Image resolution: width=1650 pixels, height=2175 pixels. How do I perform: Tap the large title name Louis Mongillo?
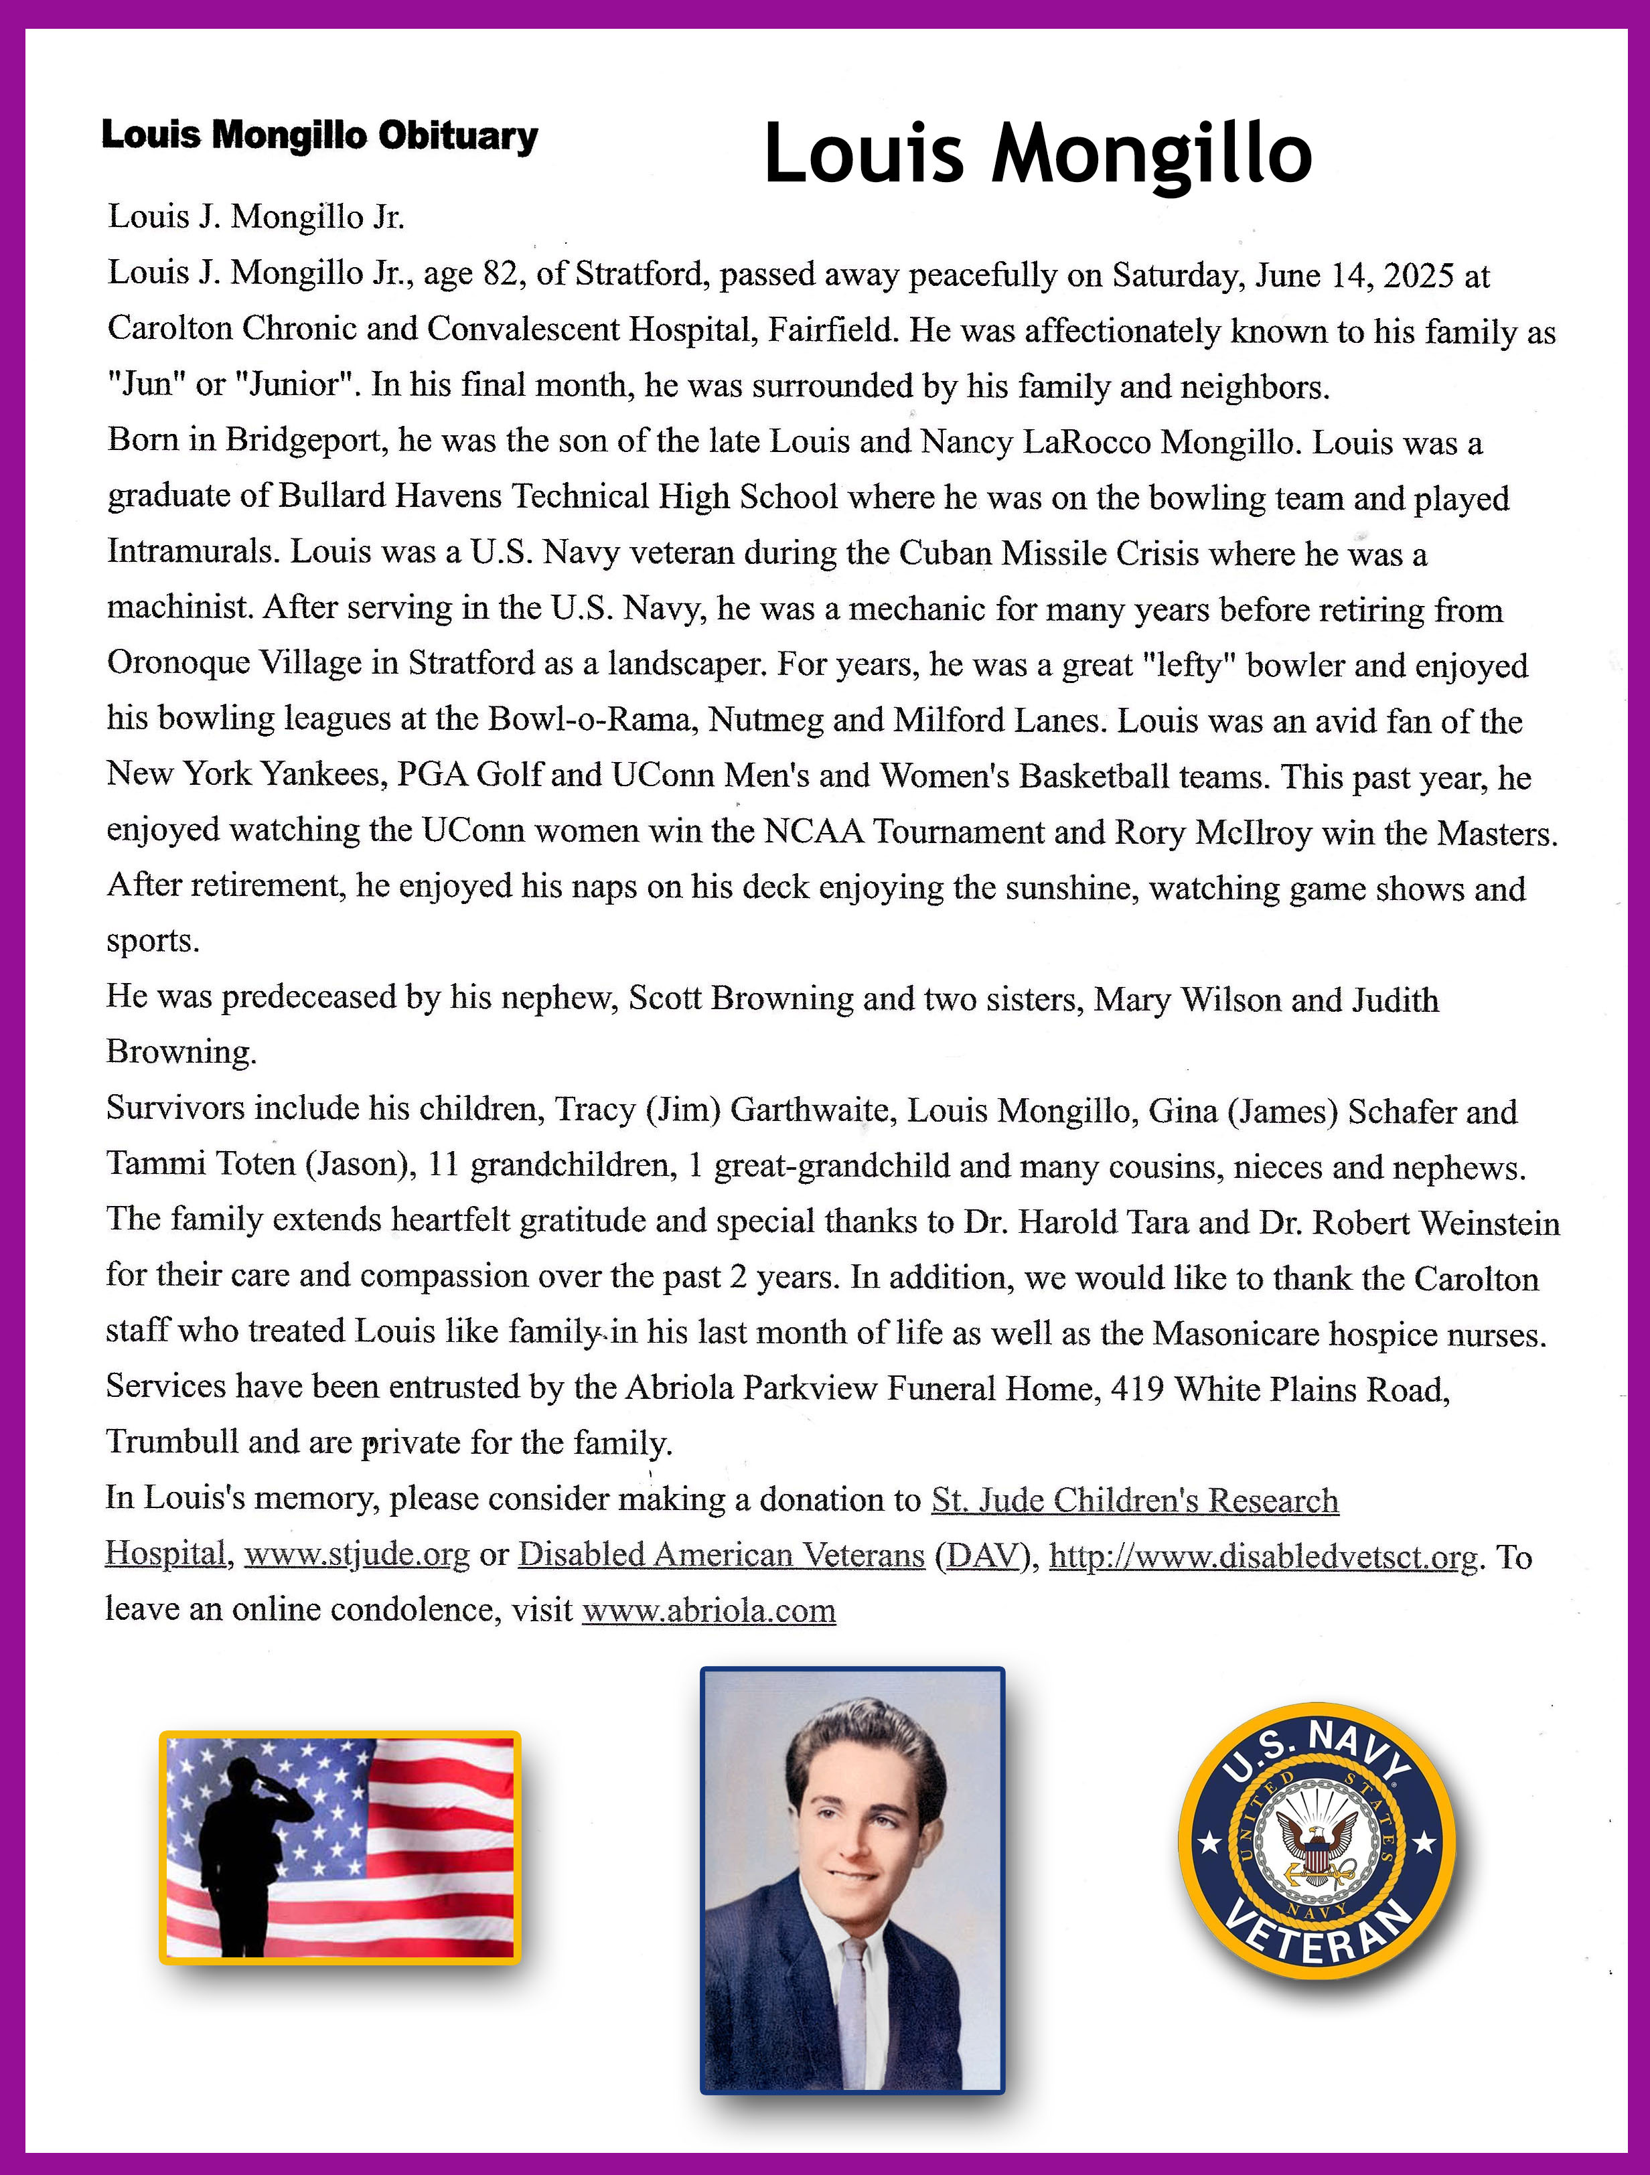point(1037,155)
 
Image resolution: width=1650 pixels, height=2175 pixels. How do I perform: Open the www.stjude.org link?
point(357,1554)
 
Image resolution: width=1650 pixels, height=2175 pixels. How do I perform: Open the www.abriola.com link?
point(709,1610)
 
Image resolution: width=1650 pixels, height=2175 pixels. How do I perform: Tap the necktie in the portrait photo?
point(852,1996)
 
